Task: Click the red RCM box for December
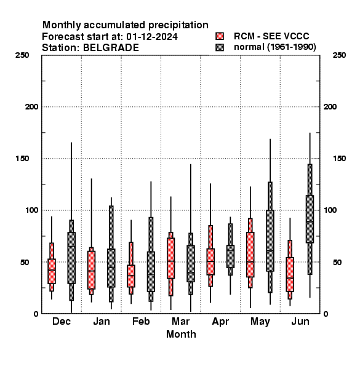(52, 271)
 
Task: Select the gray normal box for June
(310, 219)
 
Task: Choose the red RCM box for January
(91, 270)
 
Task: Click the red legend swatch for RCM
(220, 36)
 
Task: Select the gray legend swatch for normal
(220, 47)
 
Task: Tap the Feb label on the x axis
(141, 321)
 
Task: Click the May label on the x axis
(260, 322)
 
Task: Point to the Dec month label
(62, 321)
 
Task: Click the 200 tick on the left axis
(31, 107)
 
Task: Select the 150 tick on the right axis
(339, 159)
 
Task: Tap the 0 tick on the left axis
(36, 314)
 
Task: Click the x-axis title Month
(181, 334)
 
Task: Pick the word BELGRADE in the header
(111, 48)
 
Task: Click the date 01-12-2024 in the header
(152, 37)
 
